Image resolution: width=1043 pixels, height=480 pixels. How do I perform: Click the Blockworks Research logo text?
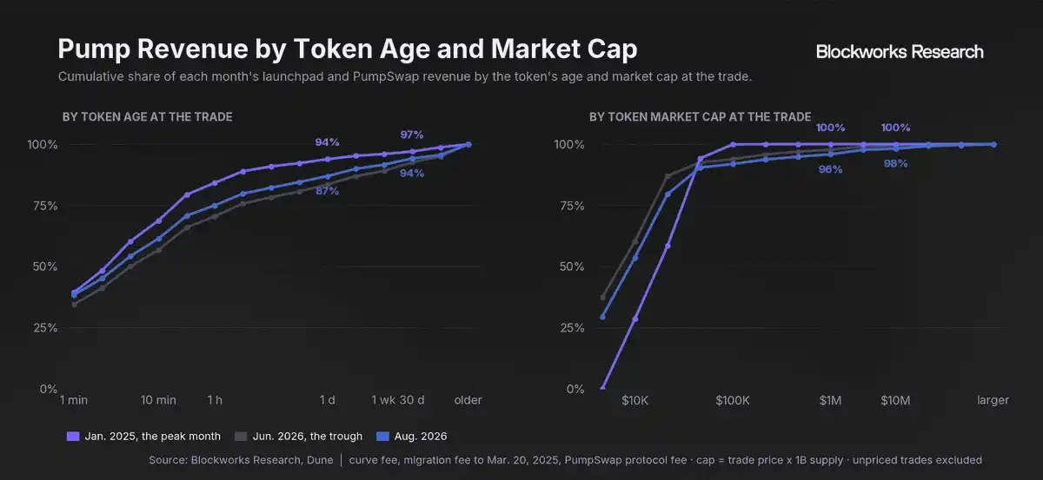900,51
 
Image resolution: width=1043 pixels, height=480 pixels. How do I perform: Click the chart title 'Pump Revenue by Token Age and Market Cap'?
348,49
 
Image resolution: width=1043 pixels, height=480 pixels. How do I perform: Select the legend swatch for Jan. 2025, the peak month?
73,437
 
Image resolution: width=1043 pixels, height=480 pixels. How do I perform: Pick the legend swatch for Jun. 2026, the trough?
241,437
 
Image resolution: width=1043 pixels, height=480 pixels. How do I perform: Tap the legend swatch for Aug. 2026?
382,437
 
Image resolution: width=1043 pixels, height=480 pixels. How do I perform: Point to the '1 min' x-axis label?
74,400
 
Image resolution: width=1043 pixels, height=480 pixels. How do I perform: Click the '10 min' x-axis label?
158,400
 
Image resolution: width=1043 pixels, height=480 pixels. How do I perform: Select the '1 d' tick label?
328,400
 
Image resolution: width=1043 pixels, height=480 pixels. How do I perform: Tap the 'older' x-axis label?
468,400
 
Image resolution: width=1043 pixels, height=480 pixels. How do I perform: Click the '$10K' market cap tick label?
634,400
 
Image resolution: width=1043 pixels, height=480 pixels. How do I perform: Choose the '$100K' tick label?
733,400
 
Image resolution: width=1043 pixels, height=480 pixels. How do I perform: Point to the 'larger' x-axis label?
993,400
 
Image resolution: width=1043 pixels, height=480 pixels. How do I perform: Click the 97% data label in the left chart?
412,135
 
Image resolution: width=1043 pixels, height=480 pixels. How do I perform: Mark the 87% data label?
328,191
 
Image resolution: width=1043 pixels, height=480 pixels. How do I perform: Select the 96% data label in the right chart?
830,170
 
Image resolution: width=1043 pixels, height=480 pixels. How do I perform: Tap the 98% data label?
895,164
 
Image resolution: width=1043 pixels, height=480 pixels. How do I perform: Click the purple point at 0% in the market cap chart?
602,387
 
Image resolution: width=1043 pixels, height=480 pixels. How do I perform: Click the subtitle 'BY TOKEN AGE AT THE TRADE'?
147,116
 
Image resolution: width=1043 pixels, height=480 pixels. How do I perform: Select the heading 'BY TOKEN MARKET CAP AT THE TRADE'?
700,116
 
